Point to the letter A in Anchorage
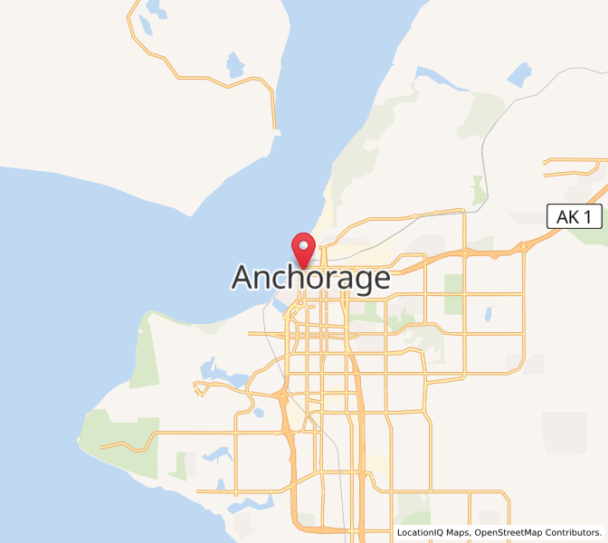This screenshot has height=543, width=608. point(244,278)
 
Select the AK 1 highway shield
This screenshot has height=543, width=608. point(575,216)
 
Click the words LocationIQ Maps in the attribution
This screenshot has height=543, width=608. point(432,533)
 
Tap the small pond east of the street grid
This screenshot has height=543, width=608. point(488,314)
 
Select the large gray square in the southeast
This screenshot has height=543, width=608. point(564,432)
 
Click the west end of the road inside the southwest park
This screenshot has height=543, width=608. point(101,446)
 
